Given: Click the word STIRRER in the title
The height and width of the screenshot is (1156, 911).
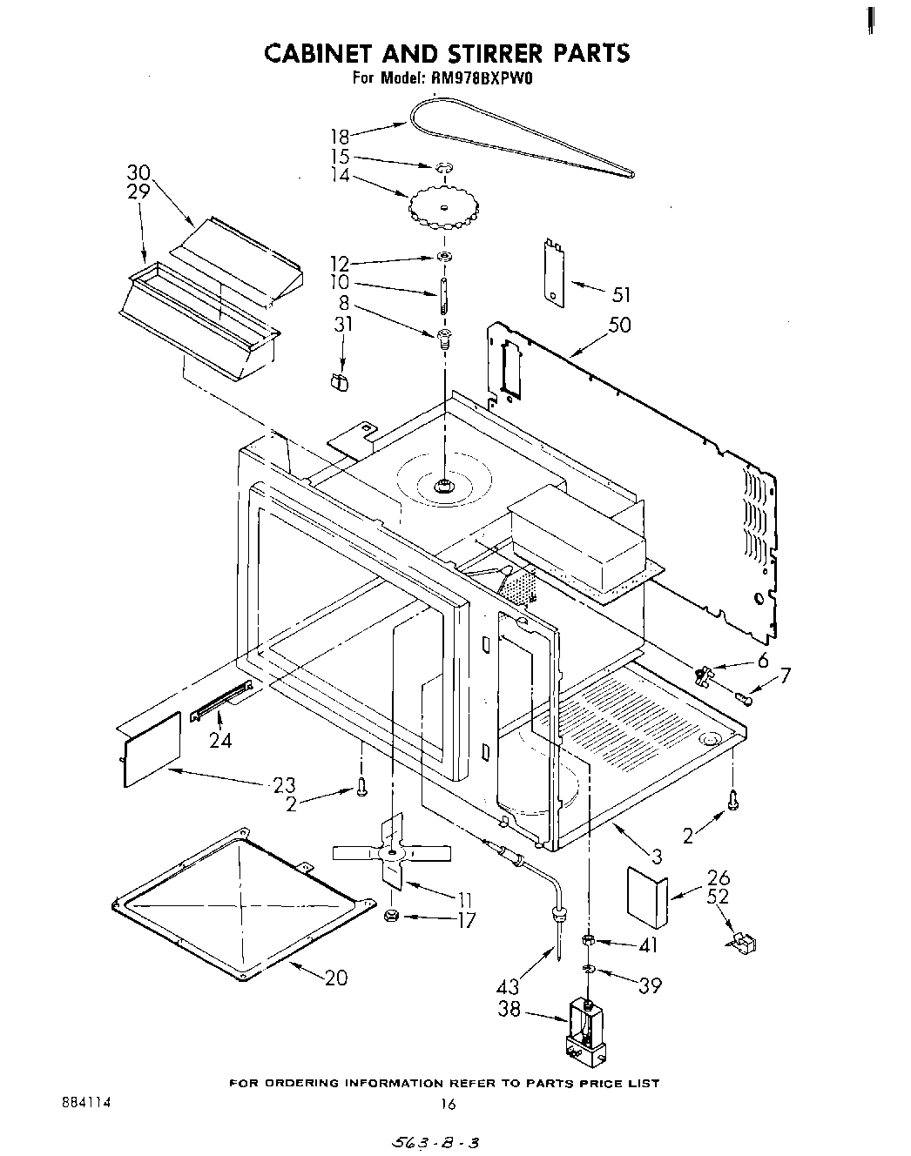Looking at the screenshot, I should pyautogui.click(x=467, y=53).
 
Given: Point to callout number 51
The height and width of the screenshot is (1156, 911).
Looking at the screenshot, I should pyautogui.click(x=621, y=294).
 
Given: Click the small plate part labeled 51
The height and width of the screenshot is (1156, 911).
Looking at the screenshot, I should pyautogui.click(x=552, y=272).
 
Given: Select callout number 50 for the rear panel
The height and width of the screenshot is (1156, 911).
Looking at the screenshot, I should pyautogui.click(x=620, y=325).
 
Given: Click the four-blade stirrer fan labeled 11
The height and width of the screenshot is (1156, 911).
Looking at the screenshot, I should pyautogui.click(x=392, y=851).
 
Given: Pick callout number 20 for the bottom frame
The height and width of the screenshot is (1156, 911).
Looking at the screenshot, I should pyautogui.click(x=335, y=978).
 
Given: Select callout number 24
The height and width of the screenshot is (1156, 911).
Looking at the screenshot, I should pyautogui.click(x=220, y=741).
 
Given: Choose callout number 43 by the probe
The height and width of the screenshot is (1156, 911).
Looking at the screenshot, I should pyautogui.click(x=507, y=986).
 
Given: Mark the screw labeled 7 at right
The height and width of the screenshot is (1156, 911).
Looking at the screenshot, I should pyautogui.click(x=743, y=696).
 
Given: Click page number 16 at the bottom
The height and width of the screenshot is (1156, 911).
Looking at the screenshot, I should pyautogui.click(x=448, y=1104).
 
